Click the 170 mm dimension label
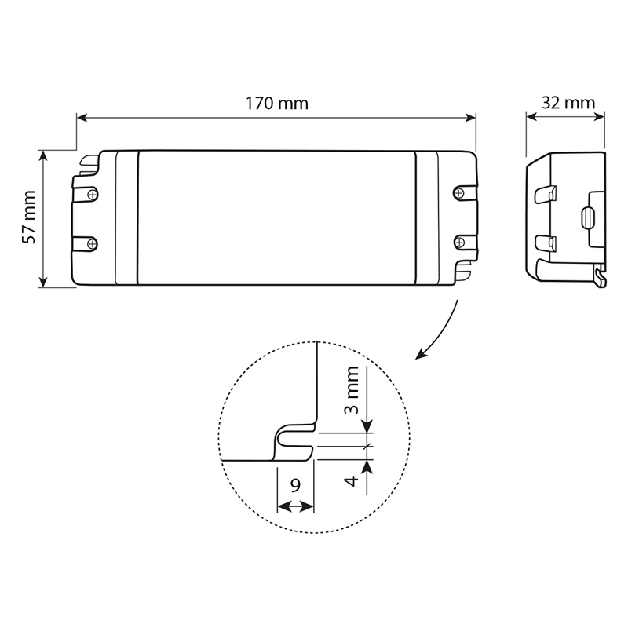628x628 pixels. pos(277,104)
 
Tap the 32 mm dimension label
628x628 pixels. pos(568,103)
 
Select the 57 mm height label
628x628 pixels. pos(29,217)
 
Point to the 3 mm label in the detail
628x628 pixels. pos(352,389)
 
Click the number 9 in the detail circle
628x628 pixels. pos(295,485)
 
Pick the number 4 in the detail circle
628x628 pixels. pos(351,480)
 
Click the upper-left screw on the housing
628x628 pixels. pos(93,195)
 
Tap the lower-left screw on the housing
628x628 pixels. pos(93,243)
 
